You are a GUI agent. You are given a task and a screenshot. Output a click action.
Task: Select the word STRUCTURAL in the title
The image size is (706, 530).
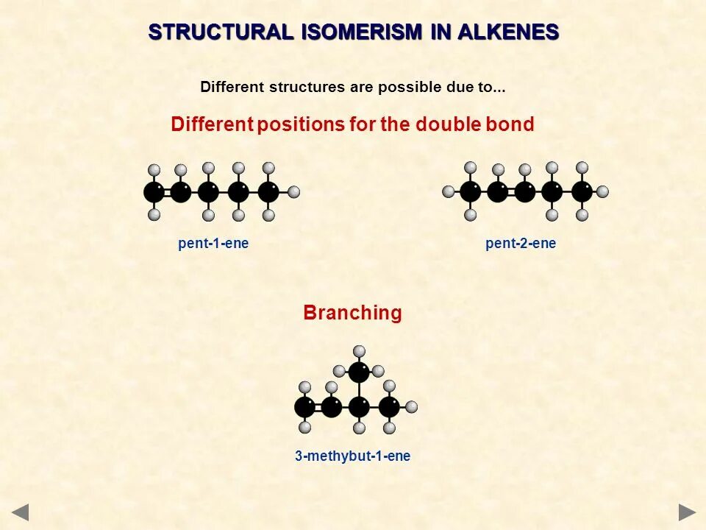(x=221, y=32)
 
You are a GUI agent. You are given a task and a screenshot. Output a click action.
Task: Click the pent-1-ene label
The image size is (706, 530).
(x=213, y=244)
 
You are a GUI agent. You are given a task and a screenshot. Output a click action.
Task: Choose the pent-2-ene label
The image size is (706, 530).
(x=521, y=244)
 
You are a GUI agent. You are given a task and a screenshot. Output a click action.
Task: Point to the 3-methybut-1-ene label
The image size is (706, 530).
(x=353, y=456)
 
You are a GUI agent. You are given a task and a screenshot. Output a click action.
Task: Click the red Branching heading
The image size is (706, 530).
(x=353, y=313)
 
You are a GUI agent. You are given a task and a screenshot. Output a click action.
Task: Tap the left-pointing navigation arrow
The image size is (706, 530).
(x=20, y=512)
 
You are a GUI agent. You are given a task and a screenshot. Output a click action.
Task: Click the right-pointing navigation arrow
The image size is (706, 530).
(x=687, y=512)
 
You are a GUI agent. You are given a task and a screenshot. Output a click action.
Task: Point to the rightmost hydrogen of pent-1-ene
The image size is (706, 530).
(x=294, y=192)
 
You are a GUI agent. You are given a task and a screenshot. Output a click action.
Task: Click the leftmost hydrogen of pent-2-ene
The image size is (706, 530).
(x=449, y=192)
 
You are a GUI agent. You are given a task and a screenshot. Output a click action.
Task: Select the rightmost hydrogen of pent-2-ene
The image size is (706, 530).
(x=602, y=192)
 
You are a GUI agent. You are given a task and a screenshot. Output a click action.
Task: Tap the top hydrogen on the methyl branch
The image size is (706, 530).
(x=359, y=351)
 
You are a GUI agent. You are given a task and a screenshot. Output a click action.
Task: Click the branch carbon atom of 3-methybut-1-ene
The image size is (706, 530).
(x=359, y=372)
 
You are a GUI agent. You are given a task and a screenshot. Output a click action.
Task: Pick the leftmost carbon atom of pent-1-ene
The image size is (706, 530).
(x=154, y=192)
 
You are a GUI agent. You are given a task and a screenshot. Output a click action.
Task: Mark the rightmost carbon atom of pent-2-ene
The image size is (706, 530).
(x=582, y=192)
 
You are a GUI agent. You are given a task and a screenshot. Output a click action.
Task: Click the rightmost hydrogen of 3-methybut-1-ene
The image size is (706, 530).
(x=412, y=407)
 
